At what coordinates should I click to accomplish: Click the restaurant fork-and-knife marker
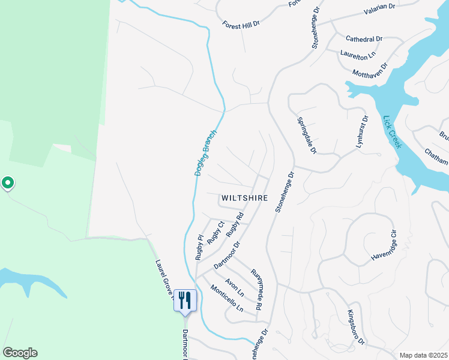185,299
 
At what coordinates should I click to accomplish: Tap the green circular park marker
8,182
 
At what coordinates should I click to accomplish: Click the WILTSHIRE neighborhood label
244,197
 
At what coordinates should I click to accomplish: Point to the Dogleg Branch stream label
205,153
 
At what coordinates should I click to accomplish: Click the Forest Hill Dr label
240,25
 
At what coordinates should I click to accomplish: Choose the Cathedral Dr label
364,39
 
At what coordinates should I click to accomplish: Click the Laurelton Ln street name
357,53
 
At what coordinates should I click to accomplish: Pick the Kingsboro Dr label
356,327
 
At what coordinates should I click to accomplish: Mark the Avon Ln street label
235,287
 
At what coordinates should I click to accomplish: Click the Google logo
20,353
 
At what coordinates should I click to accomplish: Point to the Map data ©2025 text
423,355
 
